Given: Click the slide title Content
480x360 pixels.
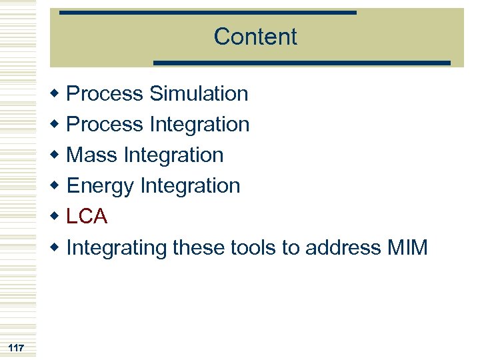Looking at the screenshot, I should [x=255, y=37].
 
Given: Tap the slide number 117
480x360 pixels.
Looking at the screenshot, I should [x=17, y=348].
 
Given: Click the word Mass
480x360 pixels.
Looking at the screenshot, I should [x=93, y=155].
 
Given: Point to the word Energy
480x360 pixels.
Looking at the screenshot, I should [x=101, y=186].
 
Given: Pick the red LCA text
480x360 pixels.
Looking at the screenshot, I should [x=87, y=217].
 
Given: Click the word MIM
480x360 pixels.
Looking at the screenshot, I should [x=407, y=247].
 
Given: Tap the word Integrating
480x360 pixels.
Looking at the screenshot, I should [x=117, y=248].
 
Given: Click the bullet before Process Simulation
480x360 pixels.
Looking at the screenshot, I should [x=57, y=94].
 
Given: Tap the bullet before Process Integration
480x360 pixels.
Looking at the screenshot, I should [x=57, y=125].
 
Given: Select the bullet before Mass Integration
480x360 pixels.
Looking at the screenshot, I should [x=57, y=155].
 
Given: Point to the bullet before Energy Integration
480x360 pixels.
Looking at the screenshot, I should [x=57, y=186].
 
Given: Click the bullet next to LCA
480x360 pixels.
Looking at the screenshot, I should [x=57, y=217].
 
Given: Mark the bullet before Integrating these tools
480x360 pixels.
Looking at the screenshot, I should [x=57, y=247].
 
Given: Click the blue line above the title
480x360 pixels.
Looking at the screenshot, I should [x=207, y=13].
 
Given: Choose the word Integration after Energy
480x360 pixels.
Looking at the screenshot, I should [x=190, y=185].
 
